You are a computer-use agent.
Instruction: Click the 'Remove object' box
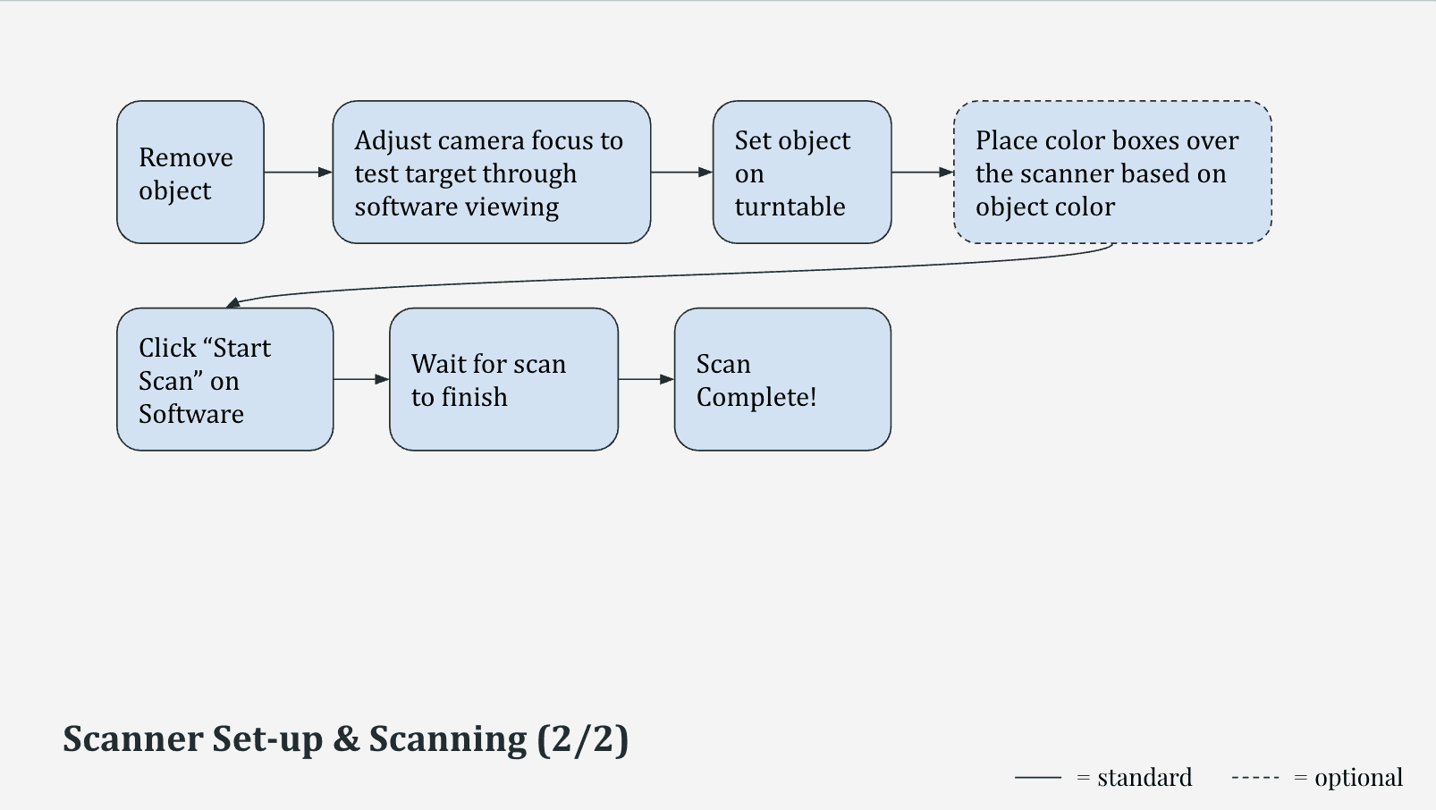[190, 173]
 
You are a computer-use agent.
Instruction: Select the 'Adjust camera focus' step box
[491, 173]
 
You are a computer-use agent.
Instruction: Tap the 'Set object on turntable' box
[801, 173]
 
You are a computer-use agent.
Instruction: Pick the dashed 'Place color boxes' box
[1111, 173]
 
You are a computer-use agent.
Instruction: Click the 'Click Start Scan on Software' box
[224, 379]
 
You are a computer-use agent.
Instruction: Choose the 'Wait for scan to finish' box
[503, 379]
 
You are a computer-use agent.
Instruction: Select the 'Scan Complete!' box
[782, 379]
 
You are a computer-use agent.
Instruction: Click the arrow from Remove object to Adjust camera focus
[298, 172]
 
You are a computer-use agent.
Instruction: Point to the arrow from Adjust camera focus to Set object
[681, 172]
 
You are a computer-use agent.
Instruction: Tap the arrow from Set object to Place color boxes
[922, 172]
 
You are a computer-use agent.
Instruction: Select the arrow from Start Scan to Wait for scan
[361, 379]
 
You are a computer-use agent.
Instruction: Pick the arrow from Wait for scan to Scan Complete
[646, 379]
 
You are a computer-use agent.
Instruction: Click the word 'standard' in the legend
[1145, 778]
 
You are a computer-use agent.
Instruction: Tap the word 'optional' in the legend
[1358, 778]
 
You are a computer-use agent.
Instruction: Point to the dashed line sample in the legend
[1255, 778]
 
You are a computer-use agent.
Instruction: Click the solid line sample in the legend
[1038, 778]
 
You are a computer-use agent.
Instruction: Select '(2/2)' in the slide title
[583, 739]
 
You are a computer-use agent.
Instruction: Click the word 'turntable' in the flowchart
[790, 207]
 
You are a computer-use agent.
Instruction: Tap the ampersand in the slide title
[346, 739]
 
